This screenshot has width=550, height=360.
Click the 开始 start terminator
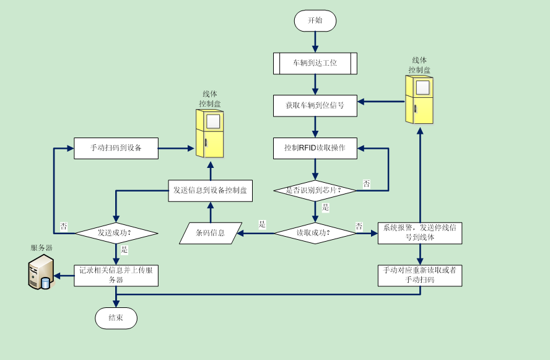[315, 20]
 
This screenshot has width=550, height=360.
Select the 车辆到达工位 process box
[315, 63]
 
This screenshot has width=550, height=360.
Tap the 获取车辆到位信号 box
[315, 105]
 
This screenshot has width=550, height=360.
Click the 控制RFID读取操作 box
[315, 148]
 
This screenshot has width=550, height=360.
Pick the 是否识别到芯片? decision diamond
[315, 190]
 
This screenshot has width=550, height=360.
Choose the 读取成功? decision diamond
[315, 233]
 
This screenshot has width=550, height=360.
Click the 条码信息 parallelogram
[211, 233]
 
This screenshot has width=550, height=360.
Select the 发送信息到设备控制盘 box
[210, 190]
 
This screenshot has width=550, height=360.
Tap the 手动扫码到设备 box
[116, 148]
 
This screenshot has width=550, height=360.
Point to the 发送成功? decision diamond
[116, 233]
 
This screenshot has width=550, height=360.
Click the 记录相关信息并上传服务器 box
[116, 276]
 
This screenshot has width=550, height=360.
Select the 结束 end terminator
[116, 318]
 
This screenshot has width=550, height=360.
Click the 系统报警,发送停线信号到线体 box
[419, 233]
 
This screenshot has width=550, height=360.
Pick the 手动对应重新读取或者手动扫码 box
[419, 276]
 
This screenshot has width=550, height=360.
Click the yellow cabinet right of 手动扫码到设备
[209, 133]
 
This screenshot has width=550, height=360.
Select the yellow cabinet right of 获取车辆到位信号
[419, 100]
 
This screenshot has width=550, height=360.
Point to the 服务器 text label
[41, 248]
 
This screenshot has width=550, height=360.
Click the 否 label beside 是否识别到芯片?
[367, 184]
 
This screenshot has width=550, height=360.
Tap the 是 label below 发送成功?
[124, 250]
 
